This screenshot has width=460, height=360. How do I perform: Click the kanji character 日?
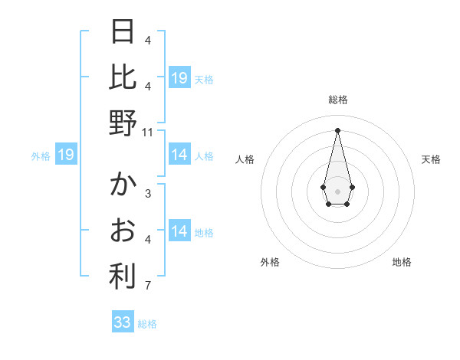click(x=123, y=31)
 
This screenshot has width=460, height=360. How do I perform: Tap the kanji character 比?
click(x=123, y=77)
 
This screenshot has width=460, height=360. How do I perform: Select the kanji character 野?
click(x=123, y=123)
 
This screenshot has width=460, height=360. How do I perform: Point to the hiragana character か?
click(x=123, y=185)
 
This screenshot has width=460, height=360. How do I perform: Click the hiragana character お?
click(x=123, y=231)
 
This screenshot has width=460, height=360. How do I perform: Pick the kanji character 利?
click(x=123, y=277)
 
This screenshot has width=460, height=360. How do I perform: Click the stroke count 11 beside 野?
click(x=148, y=133)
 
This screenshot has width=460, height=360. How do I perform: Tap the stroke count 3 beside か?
click(x=148, y=194)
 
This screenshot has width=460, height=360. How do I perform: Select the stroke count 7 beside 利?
click(x=148, y=286)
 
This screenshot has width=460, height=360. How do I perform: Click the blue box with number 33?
click(x=123, y=322)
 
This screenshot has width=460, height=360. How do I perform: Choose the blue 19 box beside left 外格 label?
click(x=66, y=155)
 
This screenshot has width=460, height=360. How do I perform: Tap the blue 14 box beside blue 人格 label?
click(x=179, y=155)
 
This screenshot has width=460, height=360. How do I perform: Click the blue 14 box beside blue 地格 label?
click(x=179, y=232)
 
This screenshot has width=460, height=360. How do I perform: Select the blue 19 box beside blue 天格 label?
click(x=179, y=78)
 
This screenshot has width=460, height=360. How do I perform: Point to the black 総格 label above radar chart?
click(x=338, y=100)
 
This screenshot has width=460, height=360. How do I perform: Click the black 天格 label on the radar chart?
click(x=432, y=159)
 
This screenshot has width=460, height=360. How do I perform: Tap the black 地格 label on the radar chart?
click(x=402, y=262)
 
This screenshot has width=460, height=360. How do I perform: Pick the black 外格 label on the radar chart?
click(x=270, y=262)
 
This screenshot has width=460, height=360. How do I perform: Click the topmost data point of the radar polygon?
click(x=337, y=129)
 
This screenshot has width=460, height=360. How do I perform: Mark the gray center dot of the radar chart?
click(x=337, y=190)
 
